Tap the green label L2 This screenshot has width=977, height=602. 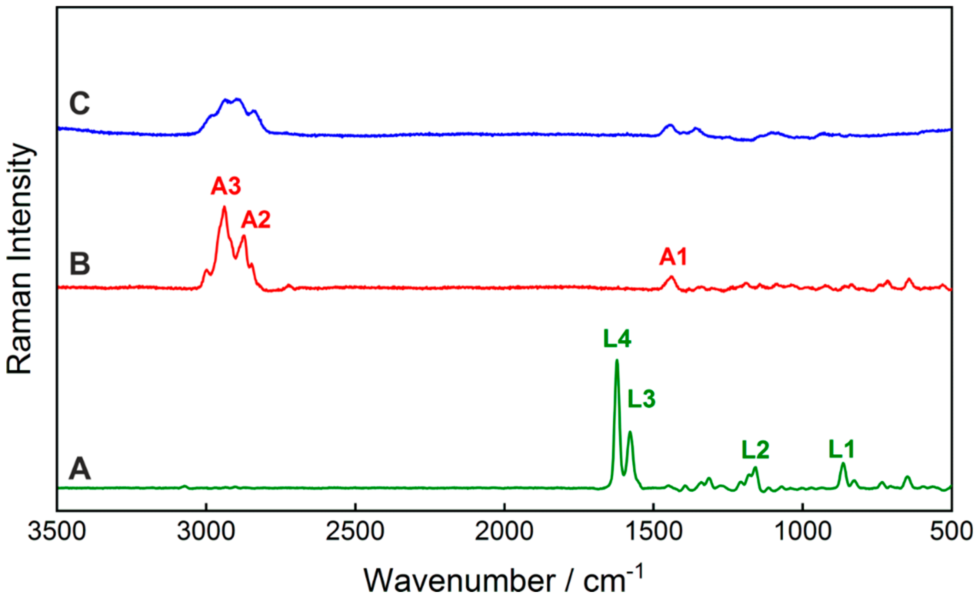click(x=755, y=450)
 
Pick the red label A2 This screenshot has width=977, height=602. click(x=256, y=219)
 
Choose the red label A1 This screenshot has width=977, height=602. click(x=673, y=257)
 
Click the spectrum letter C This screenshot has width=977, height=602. click(x=80, y=104)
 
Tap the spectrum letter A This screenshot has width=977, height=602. click(x=80, y=469)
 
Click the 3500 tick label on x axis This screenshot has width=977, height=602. click(x=56, y=532)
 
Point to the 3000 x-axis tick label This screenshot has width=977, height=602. click(x=206, y=532)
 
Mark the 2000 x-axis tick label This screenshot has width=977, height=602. click(x=504, y=532)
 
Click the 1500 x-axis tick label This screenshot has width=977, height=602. click(x=653, y=532)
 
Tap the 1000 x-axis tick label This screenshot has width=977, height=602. click(x=803, y=532)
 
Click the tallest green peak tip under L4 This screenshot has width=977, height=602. click(x=617, y=360)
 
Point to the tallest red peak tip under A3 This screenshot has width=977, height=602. click(x=224, y=207)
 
